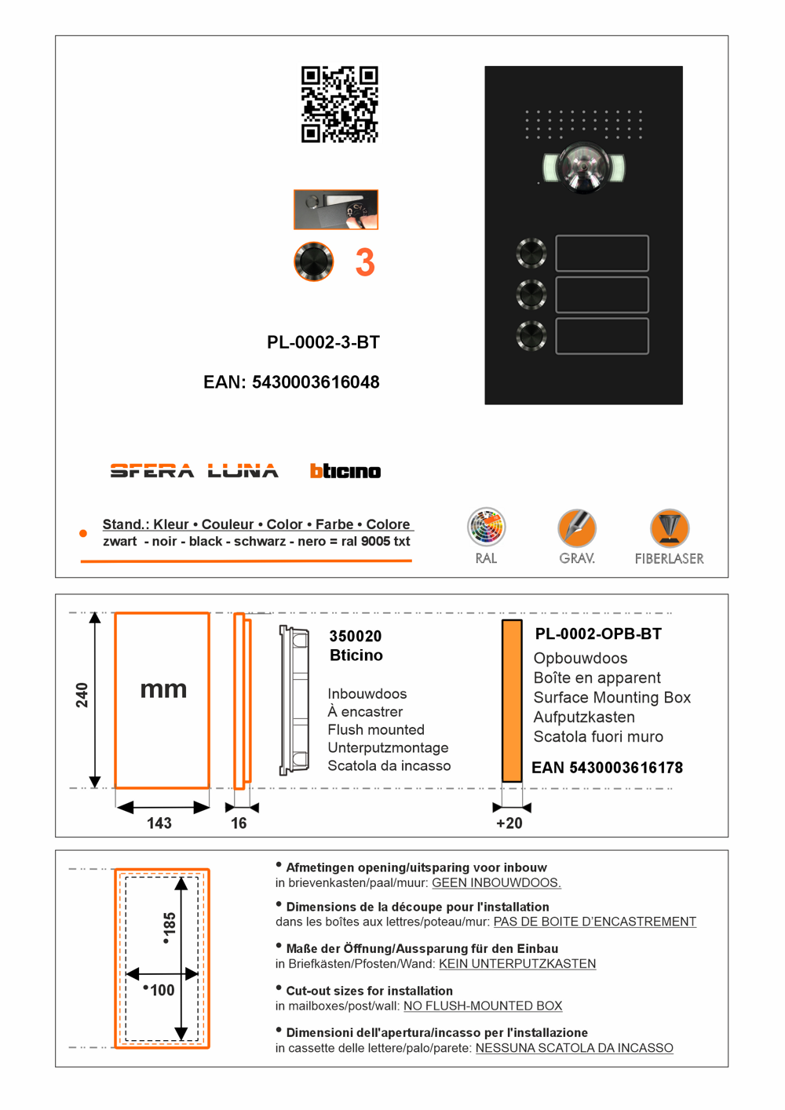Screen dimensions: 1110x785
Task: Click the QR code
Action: pyautogui.click(x=339, y=104)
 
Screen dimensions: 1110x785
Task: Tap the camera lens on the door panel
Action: pyautogui.click(x=583, y=166)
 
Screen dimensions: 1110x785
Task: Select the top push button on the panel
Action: pyautogui.click(x=531, y=253)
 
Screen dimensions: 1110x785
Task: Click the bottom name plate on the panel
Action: pyautogui.click(x=602, y=336)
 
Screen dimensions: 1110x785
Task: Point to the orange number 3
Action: pyautogui.click(x=364, y=263)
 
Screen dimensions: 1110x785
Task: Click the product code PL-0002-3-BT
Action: pyautogui.click(x=323, y=342)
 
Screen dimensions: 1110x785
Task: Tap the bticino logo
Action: pyautogui.click(x=345, y=471)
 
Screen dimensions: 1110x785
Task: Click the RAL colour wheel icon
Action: pyautogui.click(x=486, y=528)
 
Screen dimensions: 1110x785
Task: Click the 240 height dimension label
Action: pyautogui.click(x=82, y=695)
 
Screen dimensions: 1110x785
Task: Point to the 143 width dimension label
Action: pyautogui.click(x=159, y=823)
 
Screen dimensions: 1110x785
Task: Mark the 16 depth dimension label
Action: pyautogui.click(x=239, y=823)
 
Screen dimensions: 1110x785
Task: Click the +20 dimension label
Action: pyautogui.click(x=509, y=823)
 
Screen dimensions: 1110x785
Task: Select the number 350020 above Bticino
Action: pyautogui.click(x=355, y=636)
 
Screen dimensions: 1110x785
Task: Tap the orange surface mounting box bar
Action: pyautogui.click(x=512, y=701)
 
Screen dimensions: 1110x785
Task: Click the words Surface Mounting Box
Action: pyautogui.click(x=612, y=697)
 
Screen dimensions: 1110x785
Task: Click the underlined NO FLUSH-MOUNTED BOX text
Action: pyautogui.click(x=483, y=1006)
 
